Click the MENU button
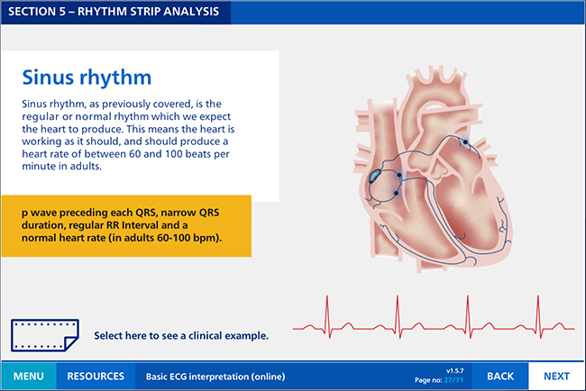tap(29, 376)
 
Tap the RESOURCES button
tap(96, 376)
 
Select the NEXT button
tap(556, 376)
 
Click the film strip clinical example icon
tap(45, 335)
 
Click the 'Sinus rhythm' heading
tap(87, 77)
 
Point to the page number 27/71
tap(453, 380)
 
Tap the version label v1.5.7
tap(454, 371)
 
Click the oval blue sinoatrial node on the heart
tap(375, 176)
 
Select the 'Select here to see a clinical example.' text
tap(181, 335)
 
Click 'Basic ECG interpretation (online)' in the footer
tap(215, 377)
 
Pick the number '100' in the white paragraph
tap(173, 154)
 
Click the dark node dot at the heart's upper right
tap(465, 142)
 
